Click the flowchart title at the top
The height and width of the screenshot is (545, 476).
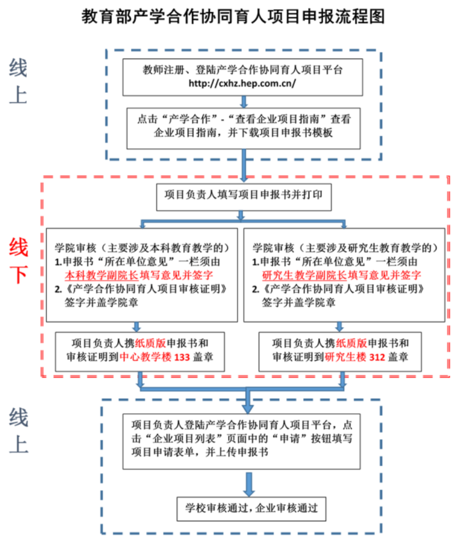[x=233, y=17]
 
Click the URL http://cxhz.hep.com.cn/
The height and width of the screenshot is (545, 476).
[x=242, y=84]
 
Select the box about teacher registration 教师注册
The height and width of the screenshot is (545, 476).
[x=242, y=77]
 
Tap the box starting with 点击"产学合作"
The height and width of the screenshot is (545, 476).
[x=243, y=128]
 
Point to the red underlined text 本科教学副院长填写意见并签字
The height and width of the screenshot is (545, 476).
[x=139, y=275]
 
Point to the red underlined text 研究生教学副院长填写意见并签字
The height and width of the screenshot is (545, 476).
[x=342, y=275]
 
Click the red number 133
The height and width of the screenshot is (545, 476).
[x=182, y=357]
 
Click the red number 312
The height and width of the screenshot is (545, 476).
[x=377, y=357]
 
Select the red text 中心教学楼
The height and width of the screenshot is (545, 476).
[x=146, y=357]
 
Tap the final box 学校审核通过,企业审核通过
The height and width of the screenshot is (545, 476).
[x=251, y=508]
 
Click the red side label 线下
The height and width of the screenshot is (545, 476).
[x=19, y=260]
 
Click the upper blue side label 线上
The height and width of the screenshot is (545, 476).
[x=18, y=81]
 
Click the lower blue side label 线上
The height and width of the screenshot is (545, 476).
[x=19, y=431]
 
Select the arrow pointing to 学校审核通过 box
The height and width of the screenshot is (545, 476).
[x=249, y=484]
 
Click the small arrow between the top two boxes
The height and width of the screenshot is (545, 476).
[x=243, y=101]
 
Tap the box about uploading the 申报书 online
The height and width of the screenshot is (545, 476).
[x=241, y=441]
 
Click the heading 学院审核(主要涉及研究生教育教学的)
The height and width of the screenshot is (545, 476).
[x=345, y=248]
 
